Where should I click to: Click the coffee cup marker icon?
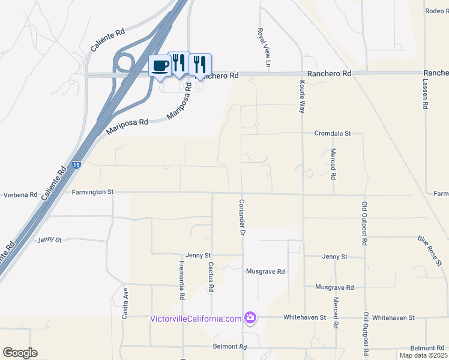[x=160, y=66]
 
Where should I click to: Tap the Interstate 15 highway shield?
[x=76, y=164]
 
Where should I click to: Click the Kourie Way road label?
[x=303, y=95]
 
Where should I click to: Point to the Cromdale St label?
[x=332, y=133]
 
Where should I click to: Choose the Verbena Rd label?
[x=20, y=196]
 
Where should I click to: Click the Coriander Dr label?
[x=243, y=217]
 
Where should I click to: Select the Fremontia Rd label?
[x=181, y=280]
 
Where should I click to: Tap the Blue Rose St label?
[x=430, y=251]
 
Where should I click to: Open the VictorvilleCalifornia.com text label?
[x=196, y=318]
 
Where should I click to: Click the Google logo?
[x=20, y=353]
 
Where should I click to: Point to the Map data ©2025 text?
[x=423, y=355]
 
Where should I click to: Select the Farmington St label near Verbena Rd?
[x=92, y=192]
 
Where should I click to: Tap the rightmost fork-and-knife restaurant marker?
[x=200, y=63]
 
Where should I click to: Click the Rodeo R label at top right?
[x=436, y=11]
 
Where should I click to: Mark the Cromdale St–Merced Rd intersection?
[x=332, y=133]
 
